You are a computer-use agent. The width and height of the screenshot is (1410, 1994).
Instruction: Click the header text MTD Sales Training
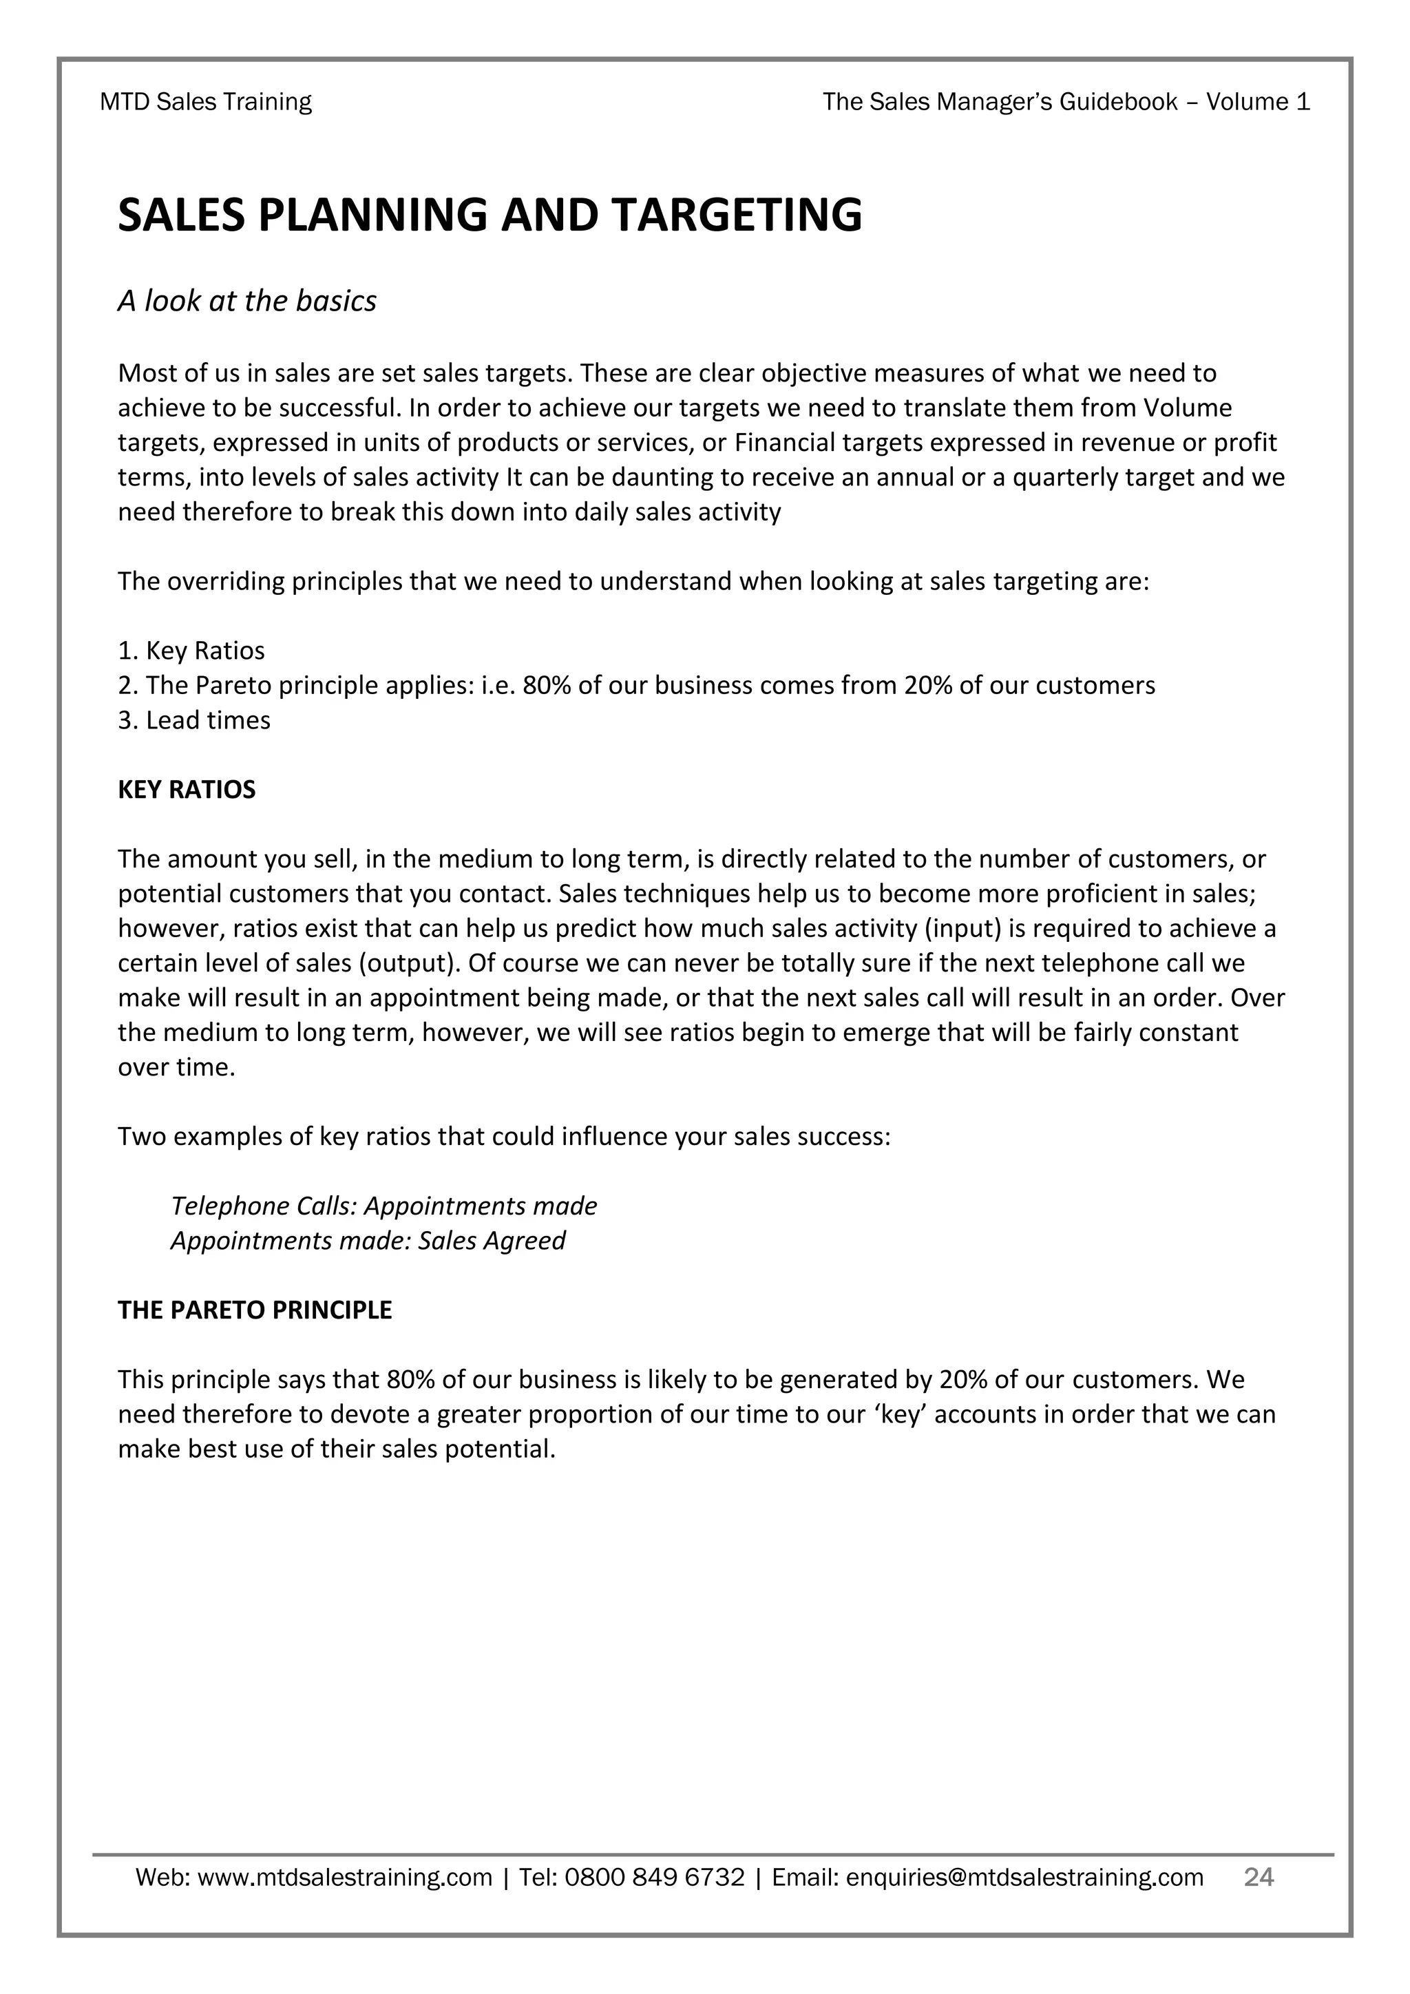[x=206, y=103]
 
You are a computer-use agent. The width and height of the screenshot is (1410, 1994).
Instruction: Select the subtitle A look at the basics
[x=246, y=302]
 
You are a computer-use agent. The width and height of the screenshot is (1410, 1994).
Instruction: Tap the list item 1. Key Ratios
[x=191, y=651]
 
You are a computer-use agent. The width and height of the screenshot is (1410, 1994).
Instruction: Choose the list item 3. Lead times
[x=193, y=720]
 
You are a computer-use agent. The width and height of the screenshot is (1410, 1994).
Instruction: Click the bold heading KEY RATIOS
[x=187, y=790]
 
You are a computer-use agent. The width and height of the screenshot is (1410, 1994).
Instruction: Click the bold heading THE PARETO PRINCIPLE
[x=254, y=1310]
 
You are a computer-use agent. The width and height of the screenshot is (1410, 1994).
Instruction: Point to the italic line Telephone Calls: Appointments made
[x=383, y=1206]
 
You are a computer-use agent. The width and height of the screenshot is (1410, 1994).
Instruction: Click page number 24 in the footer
[x=1258, y=1877]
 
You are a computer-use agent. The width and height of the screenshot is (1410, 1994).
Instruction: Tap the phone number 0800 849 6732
[x=655, y=1878]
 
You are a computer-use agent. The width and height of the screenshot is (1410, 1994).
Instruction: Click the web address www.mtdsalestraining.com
[x=345, y=1878]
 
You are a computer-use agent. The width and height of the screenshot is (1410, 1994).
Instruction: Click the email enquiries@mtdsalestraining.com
[x=1024, y=1878]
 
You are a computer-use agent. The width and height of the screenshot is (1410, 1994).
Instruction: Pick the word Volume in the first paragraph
[x=1188, y=408]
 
